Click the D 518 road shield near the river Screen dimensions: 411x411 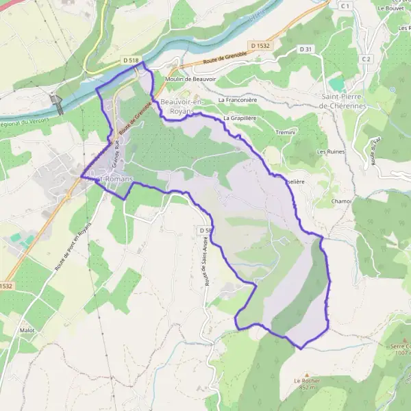(x=131, y=61)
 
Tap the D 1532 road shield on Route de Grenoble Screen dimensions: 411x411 (x=260, y=45)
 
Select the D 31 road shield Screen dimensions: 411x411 (x=306, y=49)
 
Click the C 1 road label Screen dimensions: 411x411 (x=345, y=6)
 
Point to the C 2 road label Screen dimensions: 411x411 (x=366, y=60)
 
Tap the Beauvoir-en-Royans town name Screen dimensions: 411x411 (x=181, y=106)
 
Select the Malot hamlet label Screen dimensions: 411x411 (x=27, y=330)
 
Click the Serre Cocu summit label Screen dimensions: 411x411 (x=400, y=349)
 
